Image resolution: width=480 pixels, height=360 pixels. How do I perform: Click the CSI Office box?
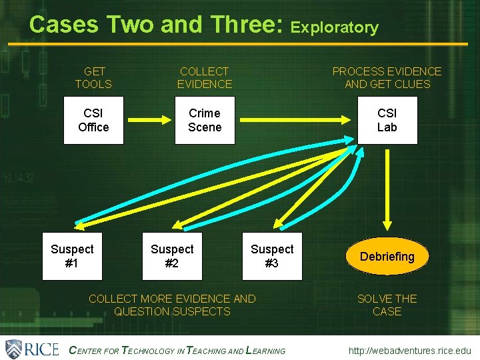tap(93, 120)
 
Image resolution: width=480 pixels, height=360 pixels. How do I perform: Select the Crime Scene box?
tap(204, 120)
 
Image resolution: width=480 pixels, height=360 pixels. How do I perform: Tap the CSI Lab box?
tap(387, 120)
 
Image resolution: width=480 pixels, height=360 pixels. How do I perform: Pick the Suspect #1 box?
tap(72, 256)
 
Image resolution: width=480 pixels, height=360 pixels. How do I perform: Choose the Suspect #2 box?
tap(171, 256)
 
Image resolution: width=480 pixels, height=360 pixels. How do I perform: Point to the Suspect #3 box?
tap(271, 256)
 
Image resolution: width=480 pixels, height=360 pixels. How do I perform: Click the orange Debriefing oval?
tap(387, 257)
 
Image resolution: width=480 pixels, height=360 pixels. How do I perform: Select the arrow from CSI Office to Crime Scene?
tap(149, 121)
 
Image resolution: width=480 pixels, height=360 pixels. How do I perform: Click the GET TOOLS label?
tap(93, 77)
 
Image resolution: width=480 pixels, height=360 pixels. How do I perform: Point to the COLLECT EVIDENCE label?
tap(204, 77)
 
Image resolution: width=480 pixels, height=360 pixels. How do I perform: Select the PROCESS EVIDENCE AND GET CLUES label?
tap(387, 77)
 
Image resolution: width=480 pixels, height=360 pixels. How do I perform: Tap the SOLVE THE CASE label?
tap(387, 305)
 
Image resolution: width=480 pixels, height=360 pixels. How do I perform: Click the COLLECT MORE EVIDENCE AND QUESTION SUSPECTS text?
tap(172, 305)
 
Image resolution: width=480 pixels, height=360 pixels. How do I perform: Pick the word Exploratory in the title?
tap(335, 27)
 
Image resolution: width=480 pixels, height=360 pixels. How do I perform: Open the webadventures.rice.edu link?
tap(409, 351)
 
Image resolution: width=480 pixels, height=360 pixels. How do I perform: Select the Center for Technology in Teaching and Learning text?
tap(177, 351)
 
